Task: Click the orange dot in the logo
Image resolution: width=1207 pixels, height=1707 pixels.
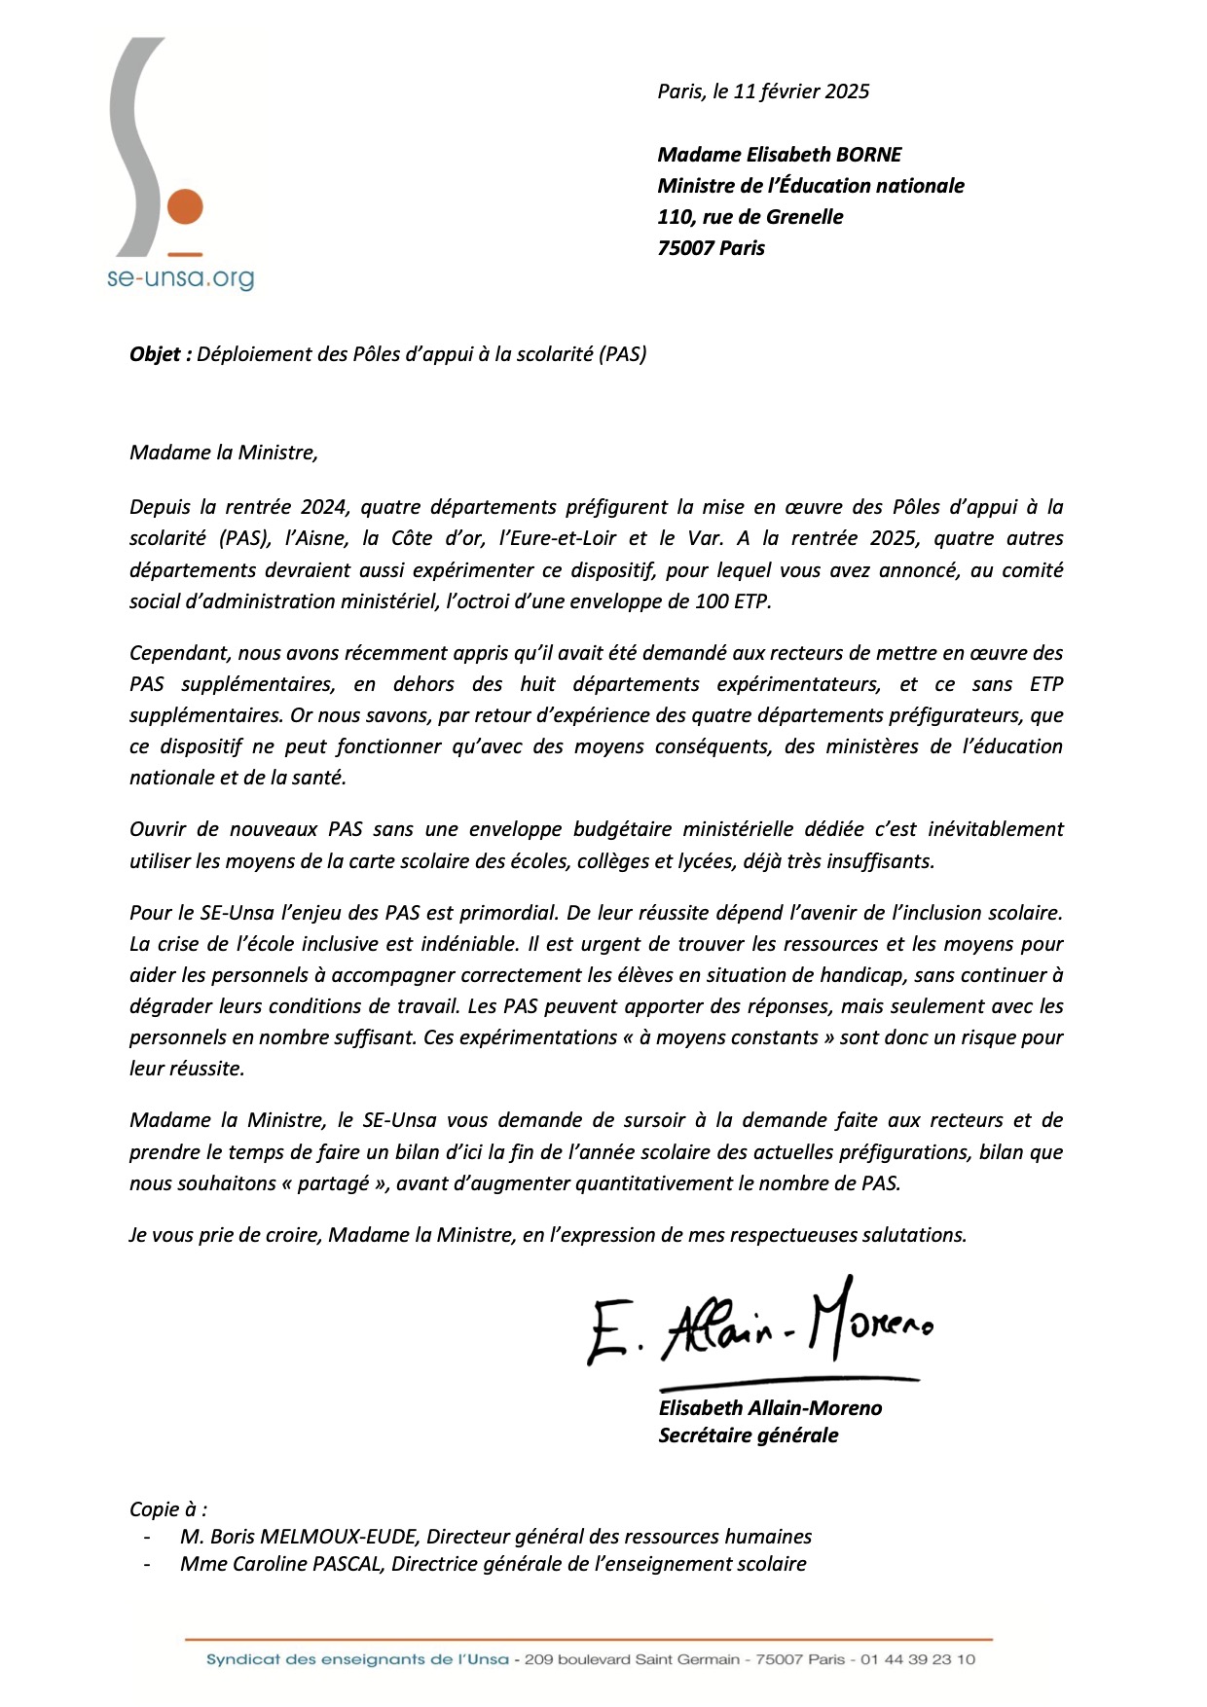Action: point(185,207)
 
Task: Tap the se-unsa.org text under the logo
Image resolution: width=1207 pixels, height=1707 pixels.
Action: point(180,278)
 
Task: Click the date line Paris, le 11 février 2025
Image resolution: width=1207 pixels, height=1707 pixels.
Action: point(763,91)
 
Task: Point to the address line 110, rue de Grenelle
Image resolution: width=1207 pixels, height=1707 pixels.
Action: point(750,217)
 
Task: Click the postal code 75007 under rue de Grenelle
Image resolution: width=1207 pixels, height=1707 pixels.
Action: point(686,248)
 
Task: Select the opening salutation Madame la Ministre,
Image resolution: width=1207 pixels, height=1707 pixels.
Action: point(224,453)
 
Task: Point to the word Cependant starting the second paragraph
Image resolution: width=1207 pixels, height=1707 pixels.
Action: point(178,653)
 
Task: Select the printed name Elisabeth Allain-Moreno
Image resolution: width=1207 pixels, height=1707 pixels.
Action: point(770,1408)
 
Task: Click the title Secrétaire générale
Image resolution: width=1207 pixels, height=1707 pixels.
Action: point(748,1435)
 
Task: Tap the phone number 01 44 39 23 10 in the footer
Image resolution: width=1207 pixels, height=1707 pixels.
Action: point(917,1659)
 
